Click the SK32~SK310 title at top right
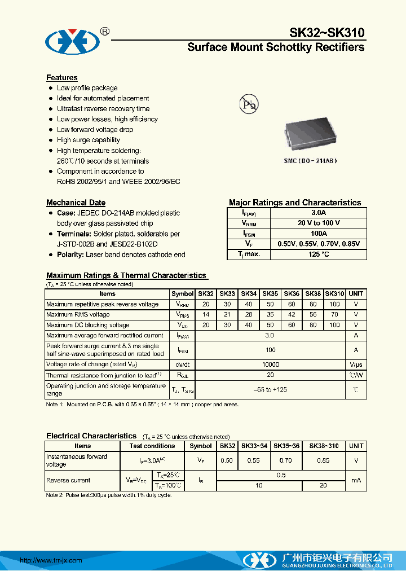(327, 33)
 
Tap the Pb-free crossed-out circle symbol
(249, 105)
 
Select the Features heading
(61, 78)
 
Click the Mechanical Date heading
(76, 203)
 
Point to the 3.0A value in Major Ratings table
(319, 213)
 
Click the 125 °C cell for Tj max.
(319, 254)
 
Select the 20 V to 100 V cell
(319, 223)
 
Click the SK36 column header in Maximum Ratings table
(292, 294)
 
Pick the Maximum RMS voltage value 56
(313, 315)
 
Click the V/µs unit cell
(356, 364)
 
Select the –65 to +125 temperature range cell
(270, 389)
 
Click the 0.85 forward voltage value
(323, 460)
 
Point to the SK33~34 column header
(255, 446)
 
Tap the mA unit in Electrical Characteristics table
(356, 480)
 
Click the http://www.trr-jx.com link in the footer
(51, 560)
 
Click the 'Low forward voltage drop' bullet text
(95, 130)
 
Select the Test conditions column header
(152, 446)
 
